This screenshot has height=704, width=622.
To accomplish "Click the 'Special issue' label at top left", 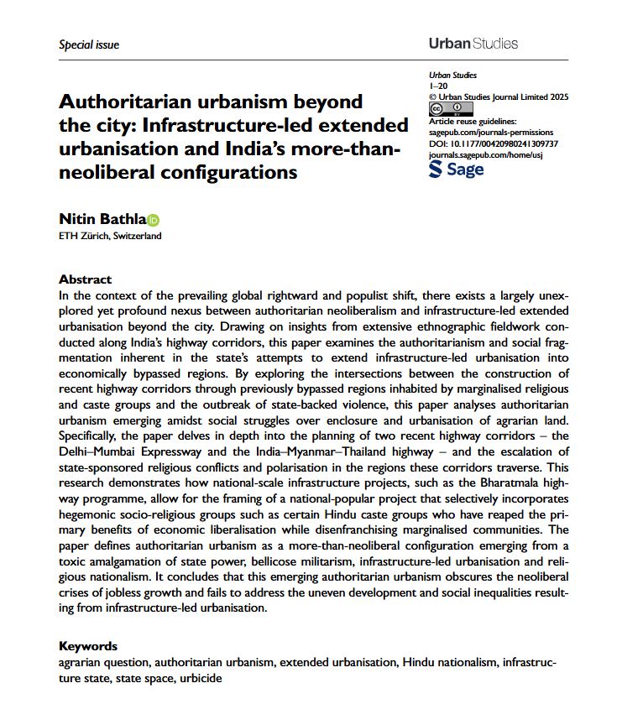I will point(89,44).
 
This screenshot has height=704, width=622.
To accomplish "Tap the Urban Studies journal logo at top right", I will point(473,43).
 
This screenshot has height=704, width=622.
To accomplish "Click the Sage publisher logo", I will point(456,169).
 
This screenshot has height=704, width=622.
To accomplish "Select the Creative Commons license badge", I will point(440,110).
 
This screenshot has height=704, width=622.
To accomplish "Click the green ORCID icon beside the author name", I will point(154,220).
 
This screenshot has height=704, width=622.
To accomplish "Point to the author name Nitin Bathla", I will point(102,219).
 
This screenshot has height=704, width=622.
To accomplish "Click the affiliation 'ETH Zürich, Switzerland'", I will point(110,236).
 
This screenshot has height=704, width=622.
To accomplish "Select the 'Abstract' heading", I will point(85,279).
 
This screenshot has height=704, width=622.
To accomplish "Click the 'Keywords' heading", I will point(88,646).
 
